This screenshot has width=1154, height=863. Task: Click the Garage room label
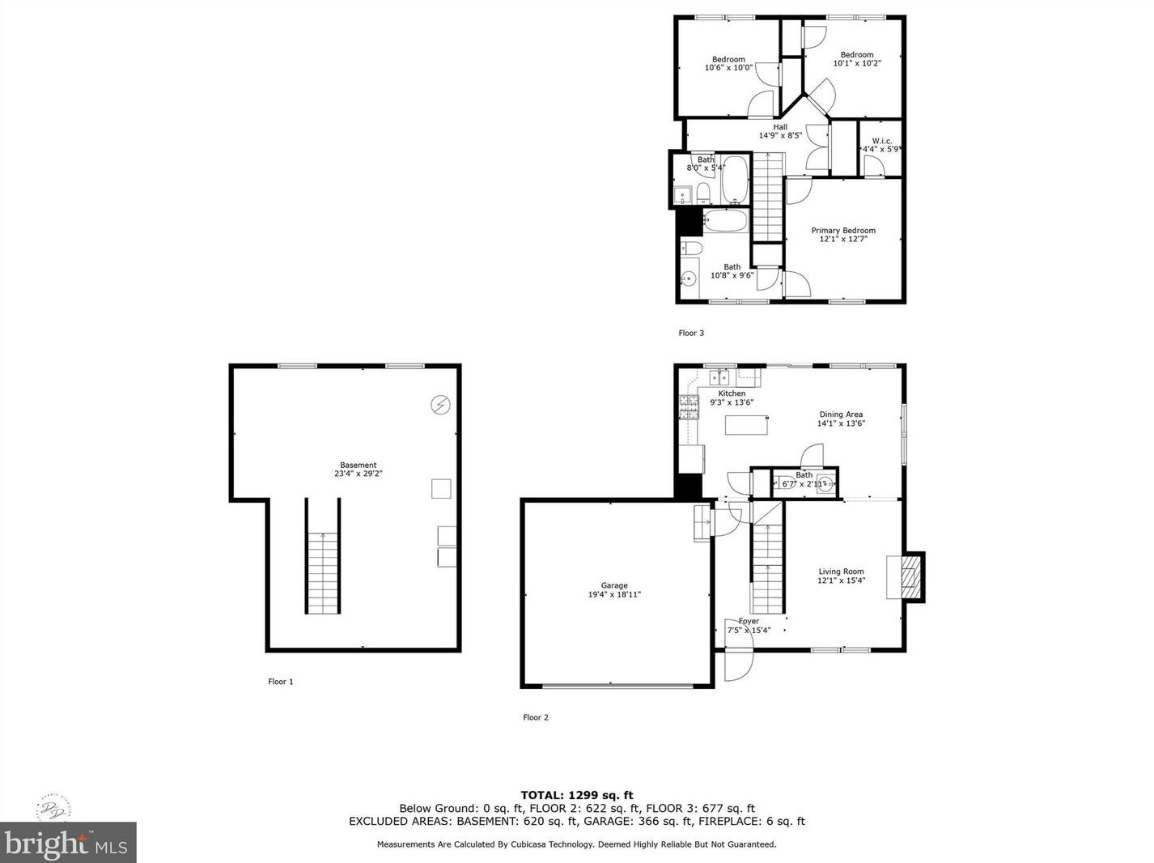(614, 585)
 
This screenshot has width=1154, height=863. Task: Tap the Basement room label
(358, 465)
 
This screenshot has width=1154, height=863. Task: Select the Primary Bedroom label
(843, 231)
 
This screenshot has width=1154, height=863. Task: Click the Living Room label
(841, 572)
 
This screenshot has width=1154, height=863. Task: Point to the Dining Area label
(841, 414)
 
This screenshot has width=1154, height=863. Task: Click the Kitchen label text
(732, 393)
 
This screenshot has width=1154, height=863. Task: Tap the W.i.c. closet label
(881, 141)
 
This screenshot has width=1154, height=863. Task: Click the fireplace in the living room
(911, 576)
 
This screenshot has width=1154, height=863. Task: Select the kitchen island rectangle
(746, 424)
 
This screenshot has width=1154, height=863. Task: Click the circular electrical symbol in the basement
(440, 404)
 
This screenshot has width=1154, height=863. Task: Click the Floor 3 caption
(691, 333)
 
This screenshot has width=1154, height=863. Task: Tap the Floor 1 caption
(281, 682)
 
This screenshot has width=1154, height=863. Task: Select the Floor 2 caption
(536, 717)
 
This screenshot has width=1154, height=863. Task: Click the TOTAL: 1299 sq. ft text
(576, 795)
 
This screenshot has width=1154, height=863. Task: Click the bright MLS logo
(68, 843)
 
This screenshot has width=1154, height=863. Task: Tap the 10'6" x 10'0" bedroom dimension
(728, 68)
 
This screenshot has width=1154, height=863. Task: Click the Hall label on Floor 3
(779, 127)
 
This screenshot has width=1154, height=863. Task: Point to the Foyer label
(749, 621)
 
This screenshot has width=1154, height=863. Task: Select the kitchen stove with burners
(688, 406)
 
